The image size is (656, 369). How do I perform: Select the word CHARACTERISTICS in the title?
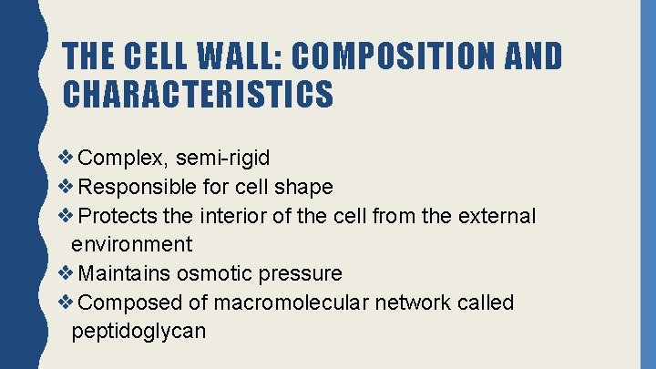point(199,93)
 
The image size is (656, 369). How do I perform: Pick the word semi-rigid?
point(224,159)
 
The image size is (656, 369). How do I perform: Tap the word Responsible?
point(138,187)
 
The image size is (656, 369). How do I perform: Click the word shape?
point(304,187)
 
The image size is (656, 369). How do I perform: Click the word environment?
point(131,244)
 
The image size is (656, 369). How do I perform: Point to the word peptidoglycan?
point(138,330)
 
